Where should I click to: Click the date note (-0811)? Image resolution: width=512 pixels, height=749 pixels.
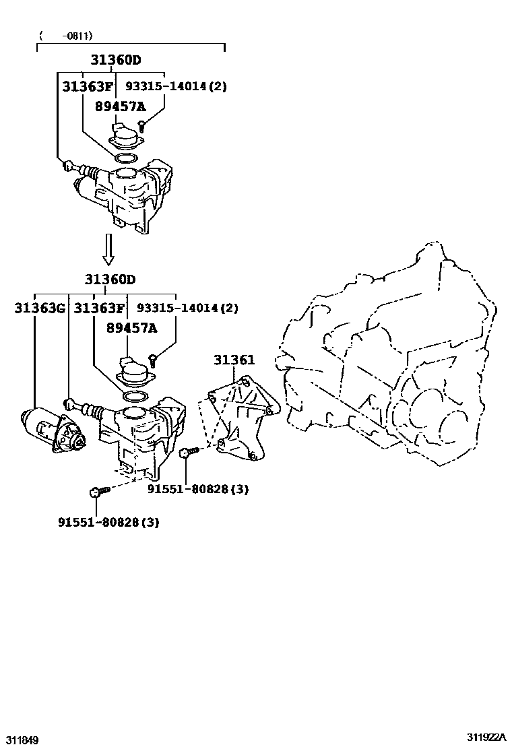point(65,36)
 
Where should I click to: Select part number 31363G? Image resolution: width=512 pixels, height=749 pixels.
point(40,308)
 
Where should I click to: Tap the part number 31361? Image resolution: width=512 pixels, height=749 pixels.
point(234,360)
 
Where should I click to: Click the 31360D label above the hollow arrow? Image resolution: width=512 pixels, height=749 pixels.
point(116,59)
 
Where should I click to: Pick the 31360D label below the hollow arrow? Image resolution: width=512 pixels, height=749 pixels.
point(110,280)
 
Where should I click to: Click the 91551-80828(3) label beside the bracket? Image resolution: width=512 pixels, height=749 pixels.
point(198,490)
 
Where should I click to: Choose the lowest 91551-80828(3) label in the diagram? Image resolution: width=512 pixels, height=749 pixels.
point(108,521)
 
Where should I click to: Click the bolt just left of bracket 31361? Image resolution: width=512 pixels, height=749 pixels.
point(188,455)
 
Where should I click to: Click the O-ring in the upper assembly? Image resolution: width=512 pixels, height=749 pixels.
point(123,158)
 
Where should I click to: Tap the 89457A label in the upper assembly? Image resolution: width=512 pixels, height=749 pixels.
point(120,106)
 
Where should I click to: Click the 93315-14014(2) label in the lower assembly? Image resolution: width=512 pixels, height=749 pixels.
point(187,308)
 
